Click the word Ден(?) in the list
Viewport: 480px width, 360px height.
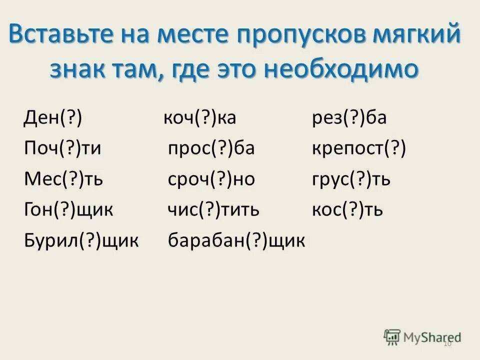coord(53,119)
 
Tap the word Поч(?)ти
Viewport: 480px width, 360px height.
coord(62,149)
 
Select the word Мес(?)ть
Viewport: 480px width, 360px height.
coord(63,179)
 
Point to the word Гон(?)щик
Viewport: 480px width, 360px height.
coord(68,209)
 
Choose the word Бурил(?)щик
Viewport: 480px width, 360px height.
coord(81,240)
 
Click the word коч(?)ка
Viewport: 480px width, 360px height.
coord(199,119)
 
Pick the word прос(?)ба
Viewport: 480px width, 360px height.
coord(211,149)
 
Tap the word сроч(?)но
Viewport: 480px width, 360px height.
coord(211,179)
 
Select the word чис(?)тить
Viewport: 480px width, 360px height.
coord(213,209)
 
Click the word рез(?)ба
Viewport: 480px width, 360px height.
coord(348,119)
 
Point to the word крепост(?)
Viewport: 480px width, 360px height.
coord(358,149)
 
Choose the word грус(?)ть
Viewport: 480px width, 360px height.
coord(350,179)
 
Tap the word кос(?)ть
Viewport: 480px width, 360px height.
coord(347,209)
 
